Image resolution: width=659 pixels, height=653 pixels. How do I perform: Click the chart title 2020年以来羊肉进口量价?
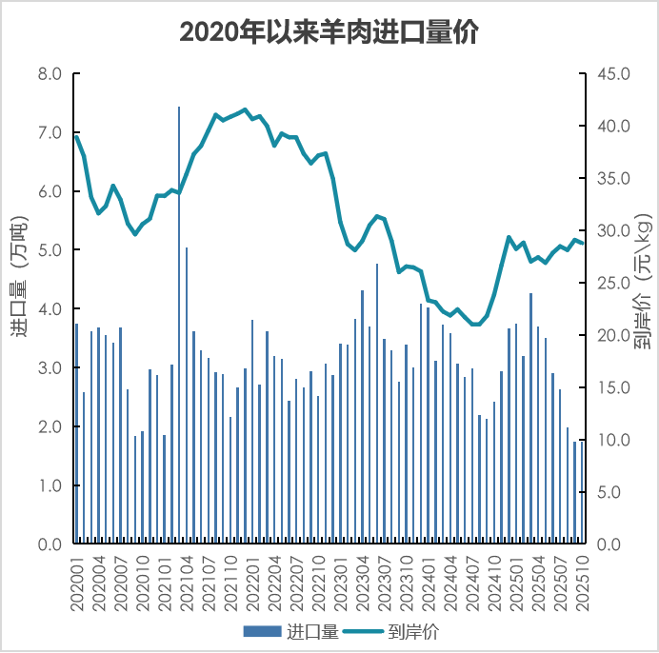tap(329, 31)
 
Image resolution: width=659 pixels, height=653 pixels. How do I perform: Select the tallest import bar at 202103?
tap(179, 324)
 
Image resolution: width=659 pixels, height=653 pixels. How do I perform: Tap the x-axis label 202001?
tap(78, 581)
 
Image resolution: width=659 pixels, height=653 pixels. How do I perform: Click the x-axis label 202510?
tap(582, 581)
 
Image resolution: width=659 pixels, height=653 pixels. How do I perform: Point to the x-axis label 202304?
tap(363, 581)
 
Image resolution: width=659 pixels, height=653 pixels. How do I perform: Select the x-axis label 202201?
tap(253, 581)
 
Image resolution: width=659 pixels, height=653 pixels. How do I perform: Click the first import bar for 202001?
tap(77, 434)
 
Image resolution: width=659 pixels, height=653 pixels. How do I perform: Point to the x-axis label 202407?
tap(472, 581)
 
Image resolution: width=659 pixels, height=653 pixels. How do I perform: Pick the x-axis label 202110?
tap(231, 581)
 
